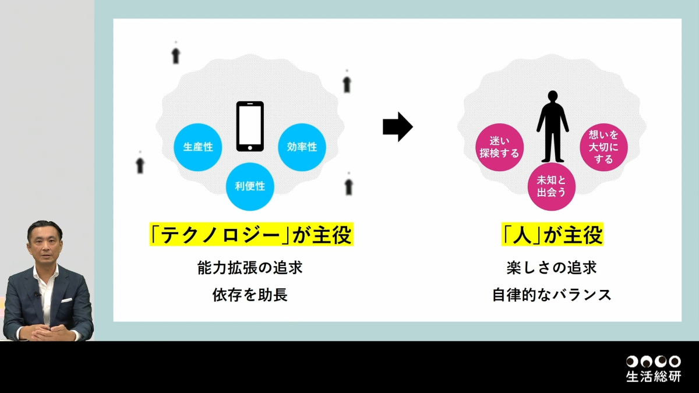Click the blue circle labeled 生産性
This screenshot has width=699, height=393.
click(198, 147)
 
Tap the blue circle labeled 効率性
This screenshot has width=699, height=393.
click(302, 147)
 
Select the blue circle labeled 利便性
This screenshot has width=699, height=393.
click(250, 186)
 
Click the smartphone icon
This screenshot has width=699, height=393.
click(250, 126)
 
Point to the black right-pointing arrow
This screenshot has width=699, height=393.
click(397, 127)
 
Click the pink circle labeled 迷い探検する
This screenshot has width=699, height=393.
click(499, 147)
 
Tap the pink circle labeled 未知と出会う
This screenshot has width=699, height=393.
click(552, 186)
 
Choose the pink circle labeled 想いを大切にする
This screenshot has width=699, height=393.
click(604, 147)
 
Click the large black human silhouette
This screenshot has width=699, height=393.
click(552, 126)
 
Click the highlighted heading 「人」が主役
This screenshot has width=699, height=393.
click(552, 236)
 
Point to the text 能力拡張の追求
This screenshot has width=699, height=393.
click(250, 268)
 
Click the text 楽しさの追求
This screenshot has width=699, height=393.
click(552, 268)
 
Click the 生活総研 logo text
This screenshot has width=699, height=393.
click(653, 376)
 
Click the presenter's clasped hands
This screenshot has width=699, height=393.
click(49, 332)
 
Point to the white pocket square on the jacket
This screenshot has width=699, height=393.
click(66, 300)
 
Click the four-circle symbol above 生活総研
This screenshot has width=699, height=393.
click(653, 362)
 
